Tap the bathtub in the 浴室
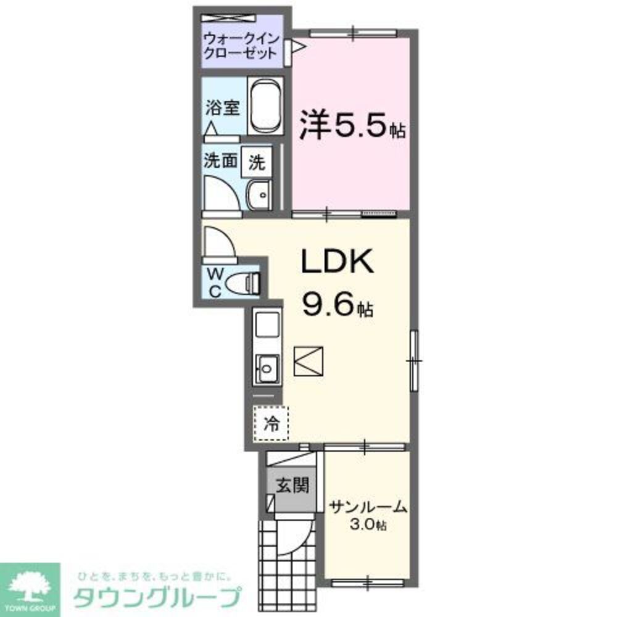pos(265,106)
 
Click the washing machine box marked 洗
pos(257,162)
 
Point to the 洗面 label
pos(221,160)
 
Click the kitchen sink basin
pos(267,369)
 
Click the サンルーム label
pos(368,507)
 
